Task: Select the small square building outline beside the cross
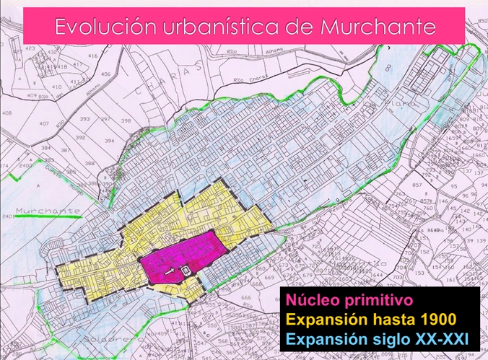(x=186, y=270)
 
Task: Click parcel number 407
(x=44, y=123)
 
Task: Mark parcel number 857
(x=417, y=185)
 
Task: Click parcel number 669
(x=269, y=277)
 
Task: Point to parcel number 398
(x=126, y=120)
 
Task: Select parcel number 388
(x=89, y=164)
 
